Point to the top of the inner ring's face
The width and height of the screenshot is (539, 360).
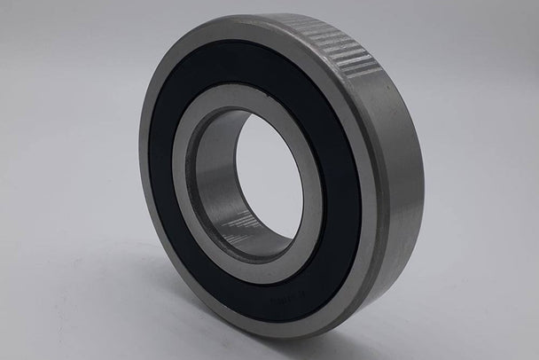point(235,98)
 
